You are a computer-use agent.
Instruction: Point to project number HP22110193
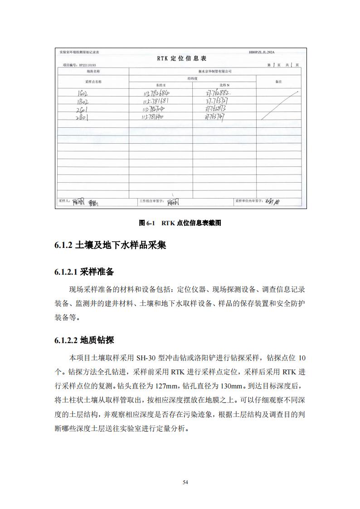point(79,65)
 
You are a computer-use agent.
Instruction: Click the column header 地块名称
point(93,72)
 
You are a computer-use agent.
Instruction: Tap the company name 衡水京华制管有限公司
point(215,72)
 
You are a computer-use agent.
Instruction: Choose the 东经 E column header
point(161,85)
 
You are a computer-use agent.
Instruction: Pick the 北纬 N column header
point(224,85)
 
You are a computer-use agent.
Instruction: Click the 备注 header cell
point(278,82)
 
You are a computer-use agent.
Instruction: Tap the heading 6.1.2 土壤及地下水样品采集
point(110,246)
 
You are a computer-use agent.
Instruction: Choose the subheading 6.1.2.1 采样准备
point(84,272)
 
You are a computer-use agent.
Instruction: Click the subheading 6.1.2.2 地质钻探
point(84,340)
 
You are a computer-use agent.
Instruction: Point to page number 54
point(185,482)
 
